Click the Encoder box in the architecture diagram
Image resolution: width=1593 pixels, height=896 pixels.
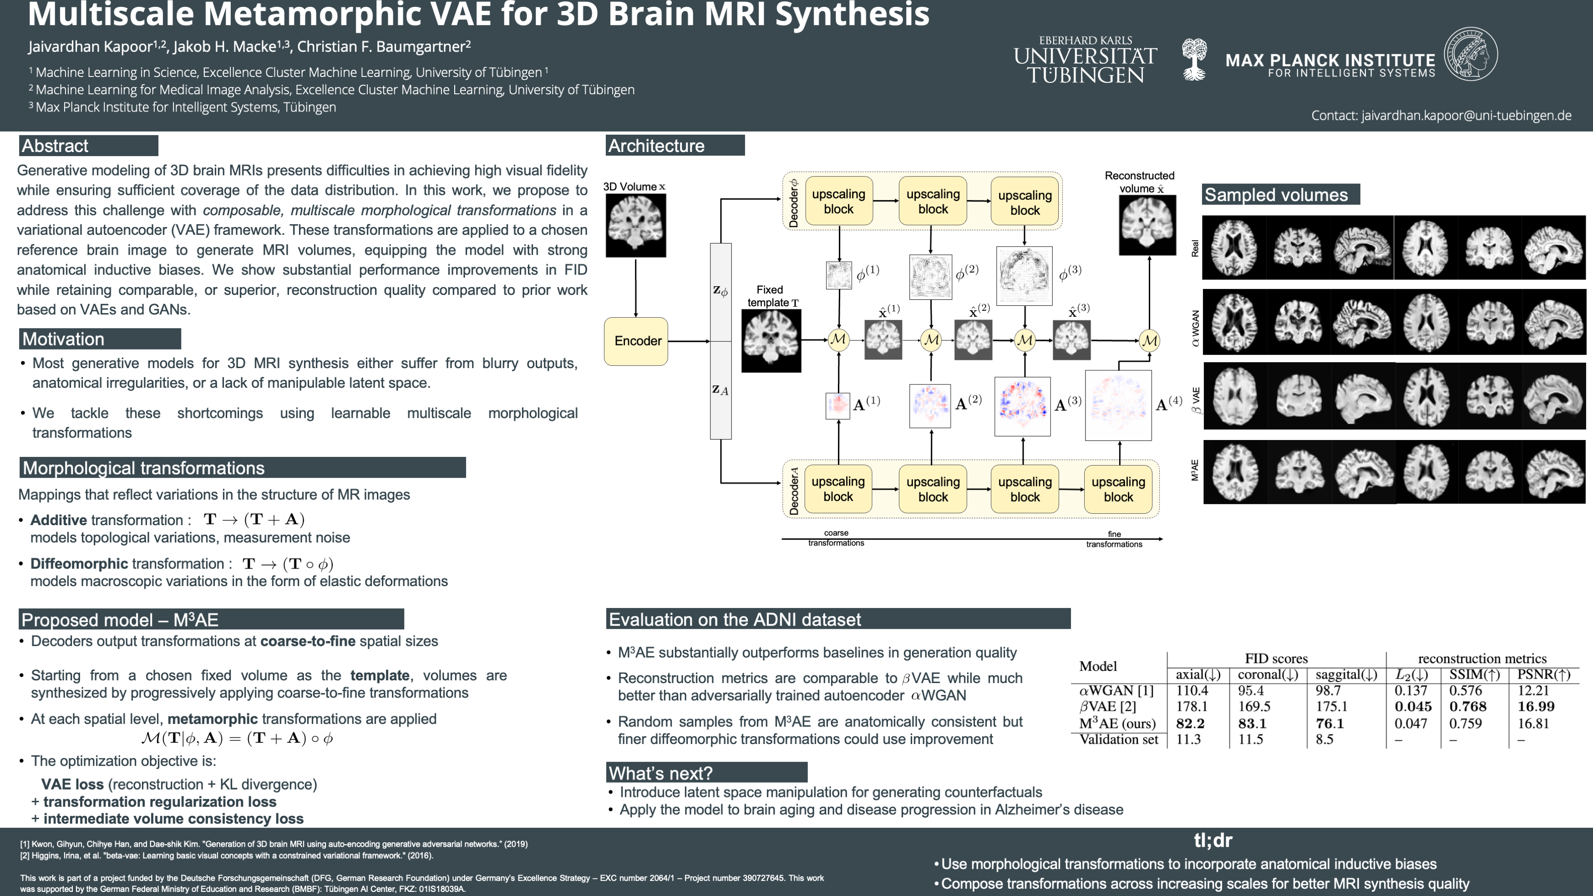click(x=636, y=341)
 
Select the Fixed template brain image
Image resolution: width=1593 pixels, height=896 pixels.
click(x=771, y=341)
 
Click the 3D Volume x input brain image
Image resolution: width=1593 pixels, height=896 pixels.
click(x=636, y=225)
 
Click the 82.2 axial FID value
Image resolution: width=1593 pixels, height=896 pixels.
click(x=1190, y=723)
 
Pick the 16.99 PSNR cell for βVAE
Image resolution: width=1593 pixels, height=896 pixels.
click(x=1536, y=706)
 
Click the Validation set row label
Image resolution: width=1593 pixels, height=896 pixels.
click(x=1118, y=739)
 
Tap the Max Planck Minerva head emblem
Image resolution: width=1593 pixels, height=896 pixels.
click(x=1471, y=55)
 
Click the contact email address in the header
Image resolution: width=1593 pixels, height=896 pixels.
click(x=1441, y=116)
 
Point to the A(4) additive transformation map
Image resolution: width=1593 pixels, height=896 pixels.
click(x=1118, y=405)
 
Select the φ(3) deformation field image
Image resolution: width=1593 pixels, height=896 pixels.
click(x=1024, y=276)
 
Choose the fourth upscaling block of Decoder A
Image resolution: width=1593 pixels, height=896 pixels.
click(x=1118, y=489)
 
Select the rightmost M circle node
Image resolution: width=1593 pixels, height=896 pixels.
click(x=1149, y=340)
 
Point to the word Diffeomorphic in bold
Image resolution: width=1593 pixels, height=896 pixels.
click(x=79, y=564)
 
